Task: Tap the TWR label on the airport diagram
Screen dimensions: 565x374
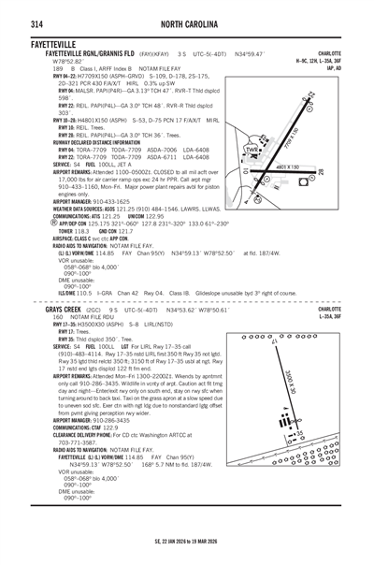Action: tap(250, 149)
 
